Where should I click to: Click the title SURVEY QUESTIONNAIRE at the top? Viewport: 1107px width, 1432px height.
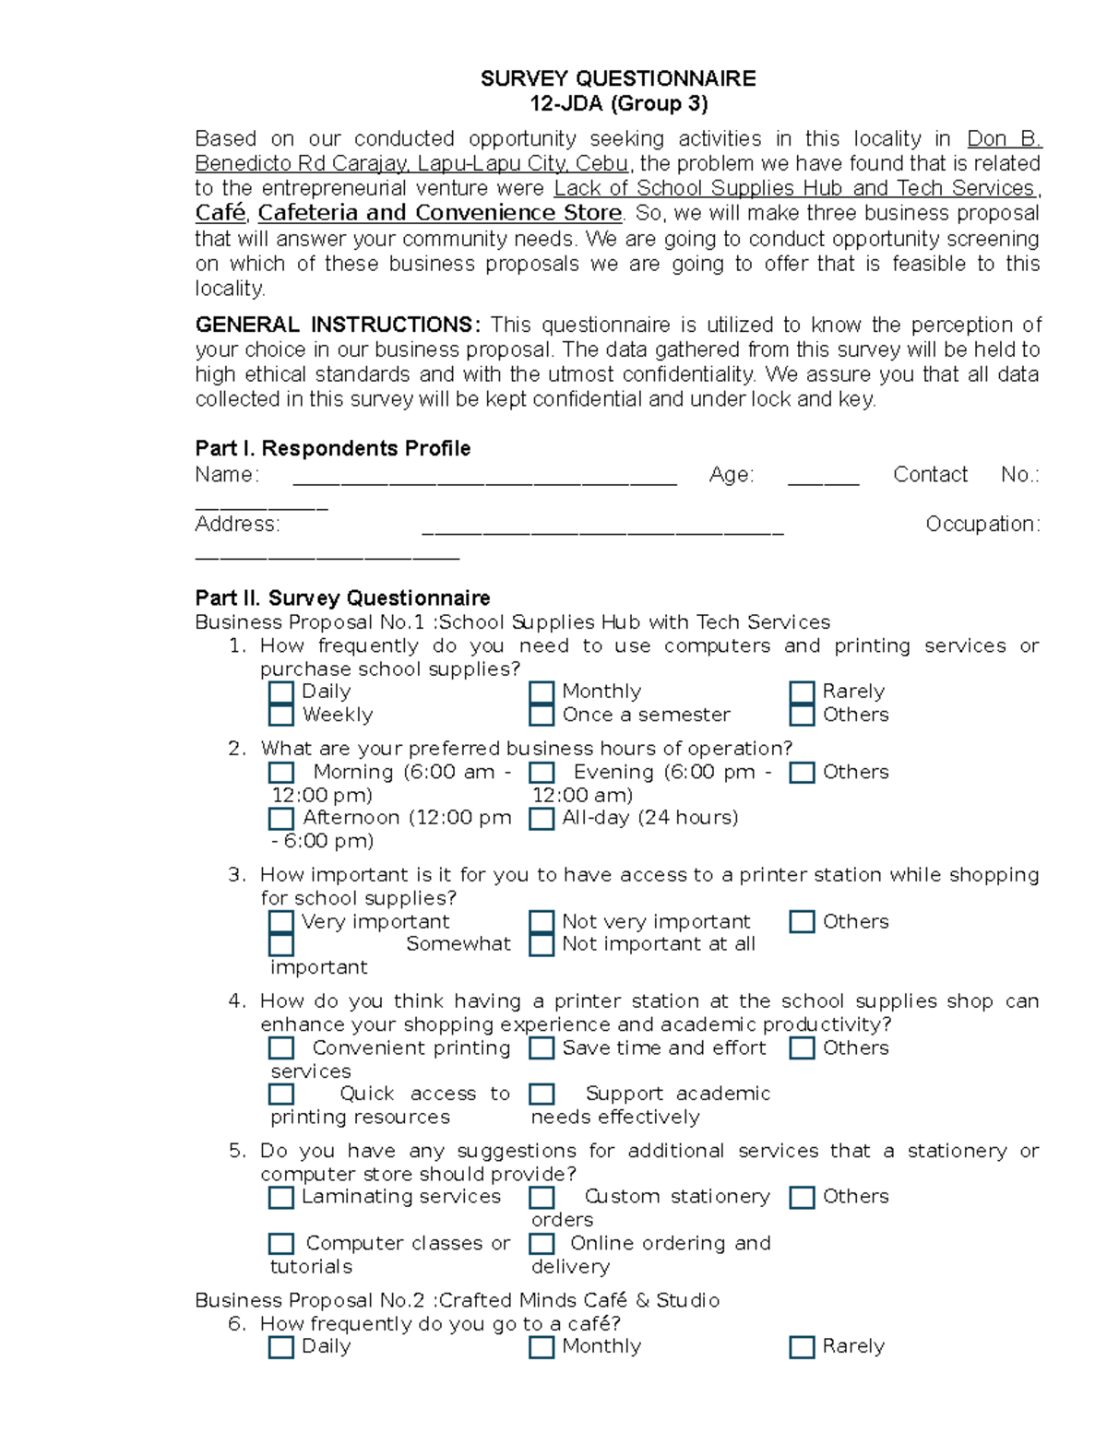[617, 78]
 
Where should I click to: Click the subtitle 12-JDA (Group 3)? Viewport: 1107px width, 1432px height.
[617, 103]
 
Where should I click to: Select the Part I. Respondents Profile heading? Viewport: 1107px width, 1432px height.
[332, 448]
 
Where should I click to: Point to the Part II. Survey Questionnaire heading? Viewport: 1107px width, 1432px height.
[342, 598]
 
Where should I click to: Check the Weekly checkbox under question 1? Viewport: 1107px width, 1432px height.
[281, 715]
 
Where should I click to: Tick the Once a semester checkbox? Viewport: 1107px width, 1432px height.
[542, 715]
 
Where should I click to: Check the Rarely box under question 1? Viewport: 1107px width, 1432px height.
[802, 692]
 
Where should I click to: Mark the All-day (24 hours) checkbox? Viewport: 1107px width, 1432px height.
[542, 818]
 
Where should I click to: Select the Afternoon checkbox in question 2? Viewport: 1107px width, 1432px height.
[281, 818]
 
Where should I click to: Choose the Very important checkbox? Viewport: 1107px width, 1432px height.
[281, 922]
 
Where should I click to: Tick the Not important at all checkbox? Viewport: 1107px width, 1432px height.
[542, 944]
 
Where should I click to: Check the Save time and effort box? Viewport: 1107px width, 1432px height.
[542, 1048]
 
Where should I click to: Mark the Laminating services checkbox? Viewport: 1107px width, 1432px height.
[281, 1197]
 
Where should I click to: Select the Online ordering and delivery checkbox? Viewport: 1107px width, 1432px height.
[542, 1243]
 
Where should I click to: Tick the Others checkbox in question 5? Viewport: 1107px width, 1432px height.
[802, 1197]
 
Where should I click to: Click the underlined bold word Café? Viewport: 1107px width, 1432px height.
[220, 213]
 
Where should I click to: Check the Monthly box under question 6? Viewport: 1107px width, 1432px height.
[542, 1347]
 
